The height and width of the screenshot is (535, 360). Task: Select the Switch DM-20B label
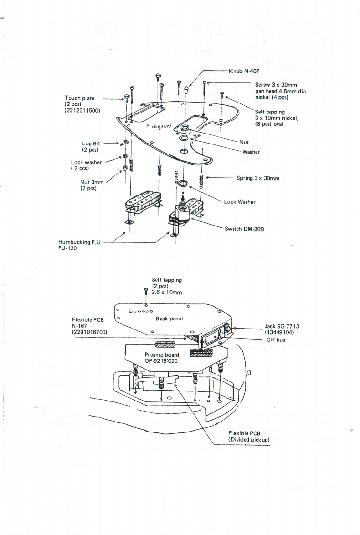[244, 229]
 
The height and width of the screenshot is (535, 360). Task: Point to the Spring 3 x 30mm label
[257, 178]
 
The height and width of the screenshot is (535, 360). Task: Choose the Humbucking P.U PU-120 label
[79, 245]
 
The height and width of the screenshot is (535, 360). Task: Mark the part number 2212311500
[82, 110]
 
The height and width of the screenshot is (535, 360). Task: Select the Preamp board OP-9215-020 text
[162, 358]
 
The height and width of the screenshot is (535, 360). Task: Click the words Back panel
[170, 318]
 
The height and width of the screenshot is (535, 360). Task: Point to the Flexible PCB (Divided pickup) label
[248, 436]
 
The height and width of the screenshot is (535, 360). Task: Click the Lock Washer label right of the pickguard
[239, 202]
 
